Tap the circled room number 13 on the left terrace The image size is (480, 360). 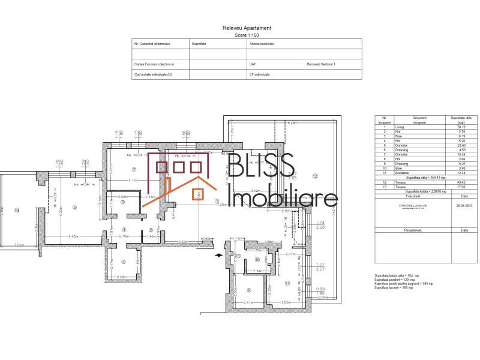coord(17,210)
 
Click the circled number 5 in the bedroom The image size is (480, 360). coord(74,208)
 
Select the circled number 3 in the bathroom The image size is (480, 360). coord(123,262)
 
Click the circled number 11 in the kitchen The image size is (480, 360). coord(287,283)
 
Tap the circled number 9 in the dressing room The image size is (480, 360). coord(249,290)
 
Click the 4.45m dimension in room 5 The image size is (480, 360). coord(73,236)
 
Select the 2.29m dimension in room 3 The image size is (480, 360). coord(122,277)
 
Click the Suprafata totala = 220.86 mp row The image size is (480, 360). coord(427,191)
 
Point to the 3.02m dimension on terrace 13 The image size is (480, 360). coord(19,245)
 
